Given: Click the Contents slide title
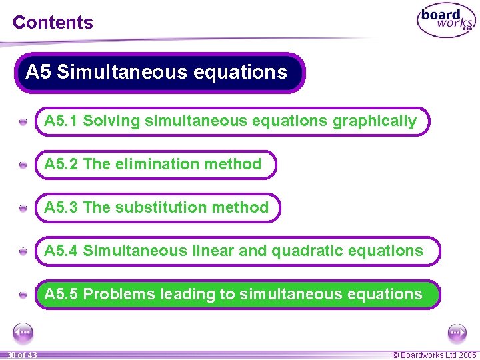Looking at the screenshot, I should [x=53, y=22].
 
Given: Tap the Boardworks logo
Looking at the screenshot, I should [x=447, y=21].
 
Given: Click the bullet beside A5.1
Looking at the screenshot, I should [x=23, y=122].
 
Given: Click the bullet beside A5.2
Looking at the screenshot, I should [x=23, y=165].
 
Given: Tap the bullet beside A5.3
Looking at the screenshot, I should [x=23, y=209].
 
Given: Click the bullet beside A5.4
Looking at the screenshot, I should [x=23, y=252].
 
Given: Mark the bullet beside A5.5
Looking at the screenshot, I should [x=23, y=295].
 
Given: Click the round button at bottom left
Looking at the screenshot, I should [x=23, y=331].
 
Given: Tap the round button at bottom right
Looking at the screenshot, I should [x=457, y=331].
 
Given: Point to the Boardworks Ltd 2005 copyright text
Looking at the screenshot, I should [x=434, y=355].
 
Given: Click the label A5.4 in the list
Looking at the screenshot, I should [x=61, y=251].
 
